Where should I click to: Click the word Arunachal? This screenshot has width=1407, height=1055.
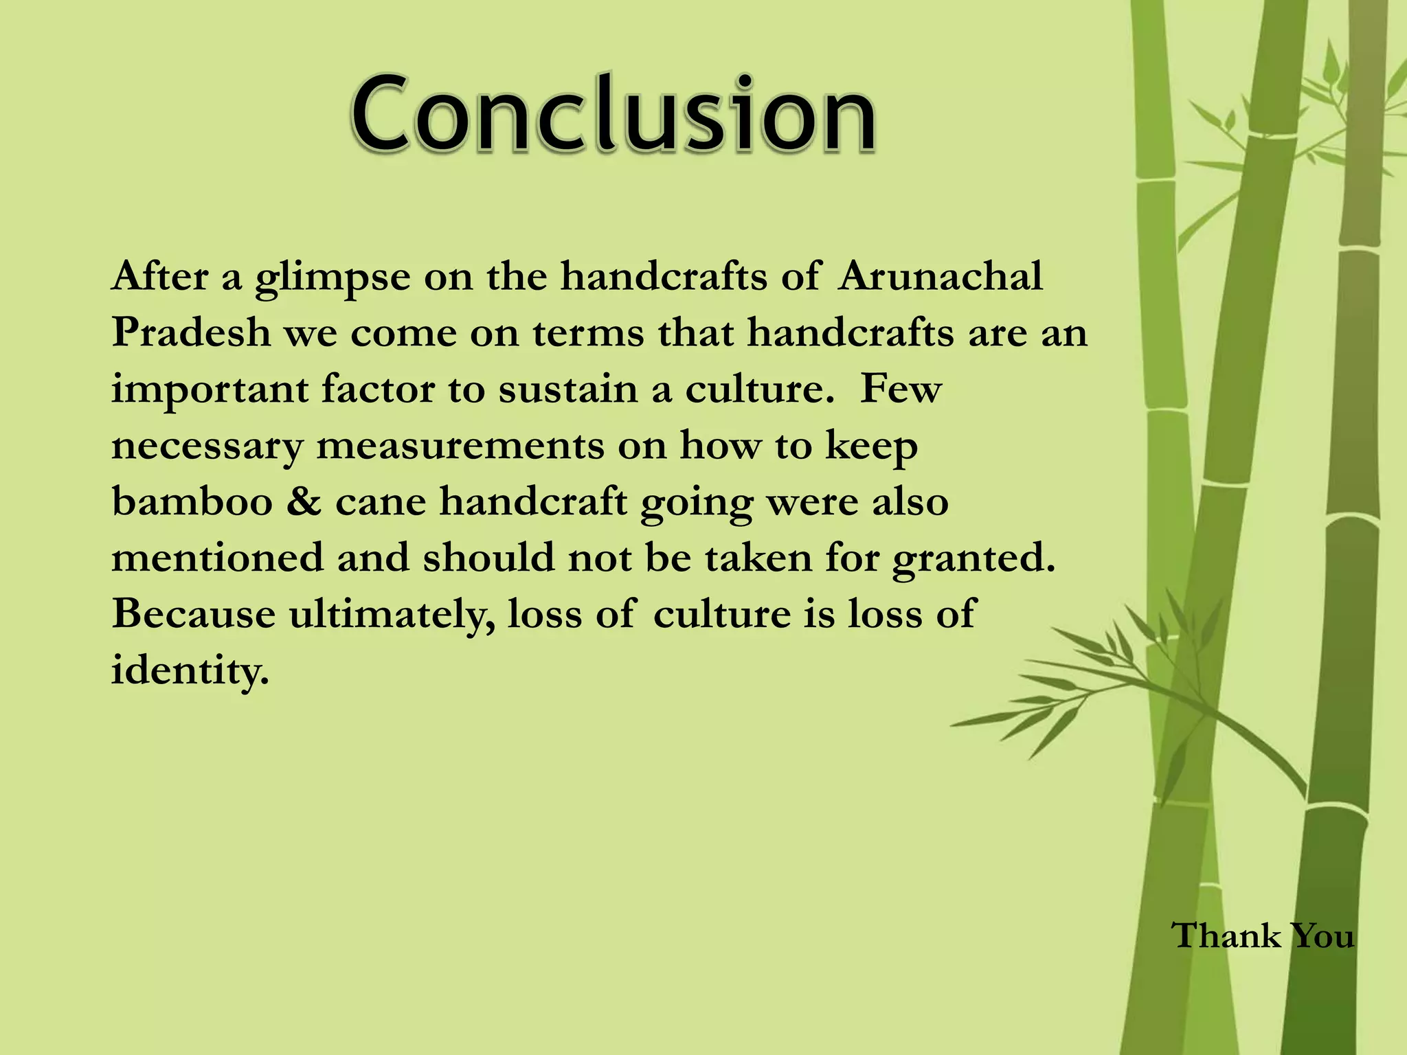tap(940, 276)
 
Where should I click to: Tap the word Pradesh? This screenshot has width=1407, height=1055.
tap(192, 332)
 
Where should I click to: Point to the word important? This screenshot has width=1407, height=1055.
tap(210, 390)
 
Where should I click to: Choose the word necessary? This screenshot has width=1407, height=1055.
tap(207, 446)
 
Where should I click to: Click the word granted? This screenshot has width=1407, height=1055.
tap(973, 558)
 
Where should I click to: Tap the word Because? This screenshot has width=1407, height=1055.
tap(193, 613)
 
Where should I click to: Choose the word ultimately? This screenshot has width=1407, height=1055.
tap(391, 613)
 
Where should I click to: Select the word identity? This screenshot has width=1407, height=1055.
tap(190, 670)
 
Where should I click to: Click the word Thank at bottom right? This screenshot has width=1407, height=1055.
tap(1225, 935)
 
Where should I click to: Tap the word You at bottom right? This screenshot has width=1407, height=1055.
tap(1322, 935)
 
